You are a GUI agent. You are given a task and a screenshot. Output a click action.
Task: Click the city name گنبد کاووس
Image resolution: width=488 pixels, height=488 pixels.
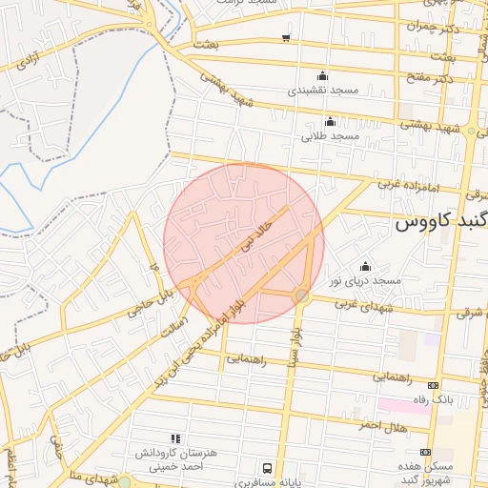[440, 225]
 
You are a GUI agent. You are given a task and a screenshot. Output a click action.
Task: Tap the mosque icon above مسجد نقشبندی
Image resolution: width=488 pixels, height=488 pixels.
[321, 75]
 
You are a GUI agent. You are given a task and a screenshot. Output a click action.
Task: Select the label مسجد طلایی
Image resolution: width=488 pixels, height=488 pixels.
[330, 136]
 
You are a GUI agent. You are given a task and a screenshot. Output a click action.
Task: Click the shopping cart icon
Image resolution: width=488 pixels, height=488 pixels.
[287, 38]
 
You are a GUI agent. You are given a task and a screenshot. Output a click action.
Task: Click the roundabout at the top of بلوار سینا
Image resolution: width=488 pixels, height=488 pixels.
[301, 296]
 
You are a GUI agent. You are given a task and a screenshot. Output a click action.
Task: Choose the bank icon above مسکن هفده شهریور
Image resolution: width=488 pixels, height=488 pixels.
[425, 453]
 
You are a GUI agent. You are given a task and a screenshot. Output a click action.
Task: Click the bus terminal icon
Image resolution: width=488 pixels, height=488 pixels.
[268, 468]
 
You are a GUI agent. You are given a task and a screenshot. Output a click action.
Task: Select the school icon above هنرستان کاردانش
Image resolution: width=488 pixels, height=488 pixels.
[173, 437]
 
